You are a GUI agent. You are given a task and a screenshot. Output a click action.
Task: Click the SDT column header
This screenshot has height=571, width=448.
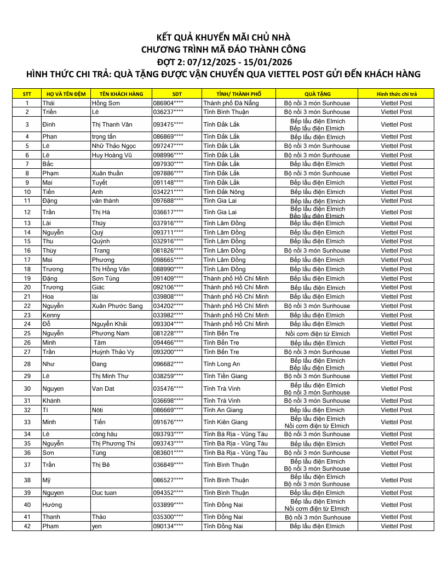pyautogui.click(x=177, y=94)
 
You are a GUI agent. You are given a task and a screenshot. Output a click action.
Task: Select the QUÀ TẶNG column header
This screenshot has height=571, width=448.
pyautogui.click(x=317, y=94)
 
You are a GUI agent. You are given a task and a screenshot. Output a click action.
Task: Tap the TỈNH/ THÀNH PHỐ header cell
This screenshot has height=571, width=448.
pyautogui.click(x=239, y=94)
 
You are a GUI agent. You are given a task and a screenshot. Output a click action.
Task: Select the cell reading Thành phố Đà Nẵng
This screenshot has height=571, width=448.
pyautogui.click(x=231, y=103)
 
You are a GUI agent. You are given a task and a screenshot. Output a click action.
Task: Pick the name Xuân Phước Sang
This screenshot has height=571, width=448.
pyautogui.click(x=117, y=306)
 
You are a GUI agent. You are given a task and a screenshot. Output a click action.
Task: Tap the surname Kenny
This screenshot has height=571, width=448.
pyautogui.click(x=51, y=315)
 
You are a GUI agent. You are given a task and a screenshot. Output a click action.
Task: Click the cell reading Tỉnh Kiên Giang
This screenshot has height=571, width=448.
pyautogui.click(x=225, y=422)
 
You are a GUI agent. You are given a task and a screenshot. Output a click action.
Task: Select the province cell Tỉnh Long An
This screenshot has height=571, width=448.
pyautogui.click(x=221, y=364)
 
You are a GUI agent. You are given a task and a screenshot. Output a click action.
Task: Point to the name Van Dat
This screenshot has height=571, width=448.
pyautogui.click(x=103, y=389)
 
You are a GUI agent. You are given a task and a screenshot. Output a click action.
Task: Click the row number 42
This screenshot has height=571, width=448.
pyautogui.click(x=27, y=526)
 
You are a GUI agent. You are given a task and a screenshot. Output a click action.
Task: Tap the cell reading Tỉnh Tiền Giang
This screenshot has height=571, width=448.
pyautogui.click(x=225, y=376)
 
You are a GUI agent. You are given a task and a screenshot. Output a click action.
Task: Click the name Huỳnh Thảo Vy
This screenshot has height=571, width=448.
pyautogui.click(x=113, y=352)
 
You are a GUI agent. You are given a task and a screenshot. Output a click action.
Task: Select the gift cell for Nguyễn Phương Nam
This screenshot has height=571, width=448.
pyautogui.click(x=317, y=333)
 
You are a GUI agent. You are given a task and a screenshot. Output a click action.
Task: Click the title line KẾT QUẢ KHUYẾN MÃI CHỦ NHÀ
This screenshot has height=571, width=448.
pyautogui.click(x=223, y=37)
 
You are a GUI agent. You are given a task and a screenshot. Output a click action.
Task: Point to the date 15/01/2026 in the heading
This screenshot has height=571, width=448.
pyautogui.click(x=262, y=61)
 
